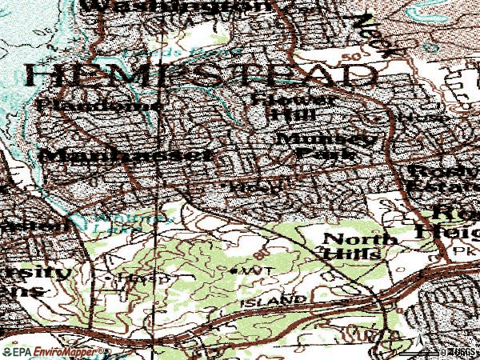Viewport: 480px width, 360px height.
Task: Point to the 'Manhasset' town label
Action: click(x=129, y=155)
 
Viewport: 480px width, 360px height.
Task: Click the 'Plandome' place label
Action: click(x=100, y=105)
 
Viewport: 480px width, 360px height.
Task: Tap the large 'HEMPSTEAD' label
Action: click(x=200, y=75)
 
